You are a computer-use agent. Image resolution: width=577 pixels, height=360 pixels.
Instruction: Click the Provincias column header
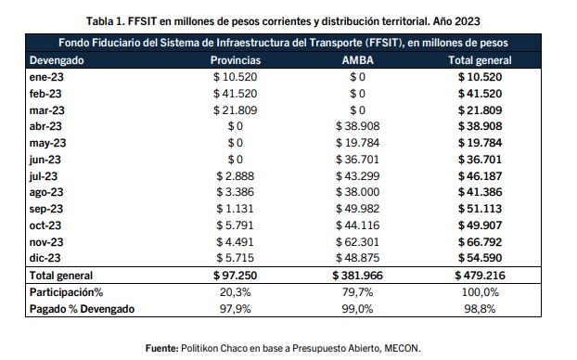pyautogui.click(x=236, y=60)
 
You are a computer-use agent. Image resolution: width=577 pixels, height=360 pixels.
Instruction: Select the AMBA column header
pyautogui.click(x=358, y=60)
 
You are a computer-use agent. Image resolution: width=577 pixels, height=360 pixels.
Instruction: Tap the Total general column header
pyautogui.click(x=480, y=60)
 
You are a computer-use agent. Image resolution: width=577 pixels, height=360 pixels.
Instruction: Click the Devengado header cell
pyautogui.click(x=57, y=60)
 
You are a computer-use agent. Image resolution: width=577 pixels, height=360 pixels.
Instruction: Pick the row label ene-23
pyautogui.click(x=46, y=77)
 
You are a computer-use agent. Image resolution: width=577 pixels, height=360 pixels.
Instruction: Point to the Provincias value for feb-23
pyautogui.click(x=235, y=94)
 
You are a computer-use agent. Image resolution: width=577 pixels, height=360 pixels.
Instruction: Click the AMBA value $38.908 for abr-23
pyautogui.click(x=358, y=126)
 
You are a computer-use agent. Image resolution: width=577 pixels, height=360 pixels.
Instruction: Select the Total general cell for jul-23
pyautogui.click(x=480, y=176)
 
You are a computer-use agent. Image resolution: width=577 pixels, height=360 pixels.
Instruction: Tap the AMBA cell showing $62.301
pyautogui.click(x=358, y=242)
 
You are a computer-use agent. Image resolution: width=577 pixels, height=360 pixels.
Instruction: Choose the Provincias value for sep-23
pyautogui.click(x=235, y=209)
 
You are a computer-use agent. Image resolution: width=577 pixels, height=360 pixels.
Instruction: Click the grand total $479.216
pyautogui.click(x=480, y=276)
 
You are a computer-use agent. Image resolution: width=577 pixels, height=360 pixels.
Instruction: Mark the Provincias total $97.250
pyautogui.click(x=235, y=276)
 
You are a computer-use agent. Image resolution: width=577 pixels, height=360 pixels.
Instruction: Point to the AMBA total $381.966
pyautogui.click(x=358, y=276)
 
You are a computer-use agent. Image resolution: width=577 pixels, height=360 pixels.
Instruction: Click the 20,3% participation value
pyautogui.click(x=235, y=292)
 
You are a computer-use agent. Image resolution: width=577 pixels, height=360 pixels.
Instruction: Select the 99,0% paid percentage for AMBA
pyautogui.click(x=358, y=309)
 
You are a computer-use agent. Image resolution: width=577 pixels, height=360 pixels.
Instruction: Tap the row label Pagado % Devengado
pyautogui.click(x=82, y=309)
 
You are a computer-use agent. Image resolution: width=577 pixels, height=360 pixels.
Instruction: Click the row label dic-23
pyautogui.click(x=45, y=258)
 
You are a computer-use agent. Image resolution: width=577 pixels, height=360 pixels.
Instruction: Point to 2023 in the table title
pyautogui.click(x=467, y=21)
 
